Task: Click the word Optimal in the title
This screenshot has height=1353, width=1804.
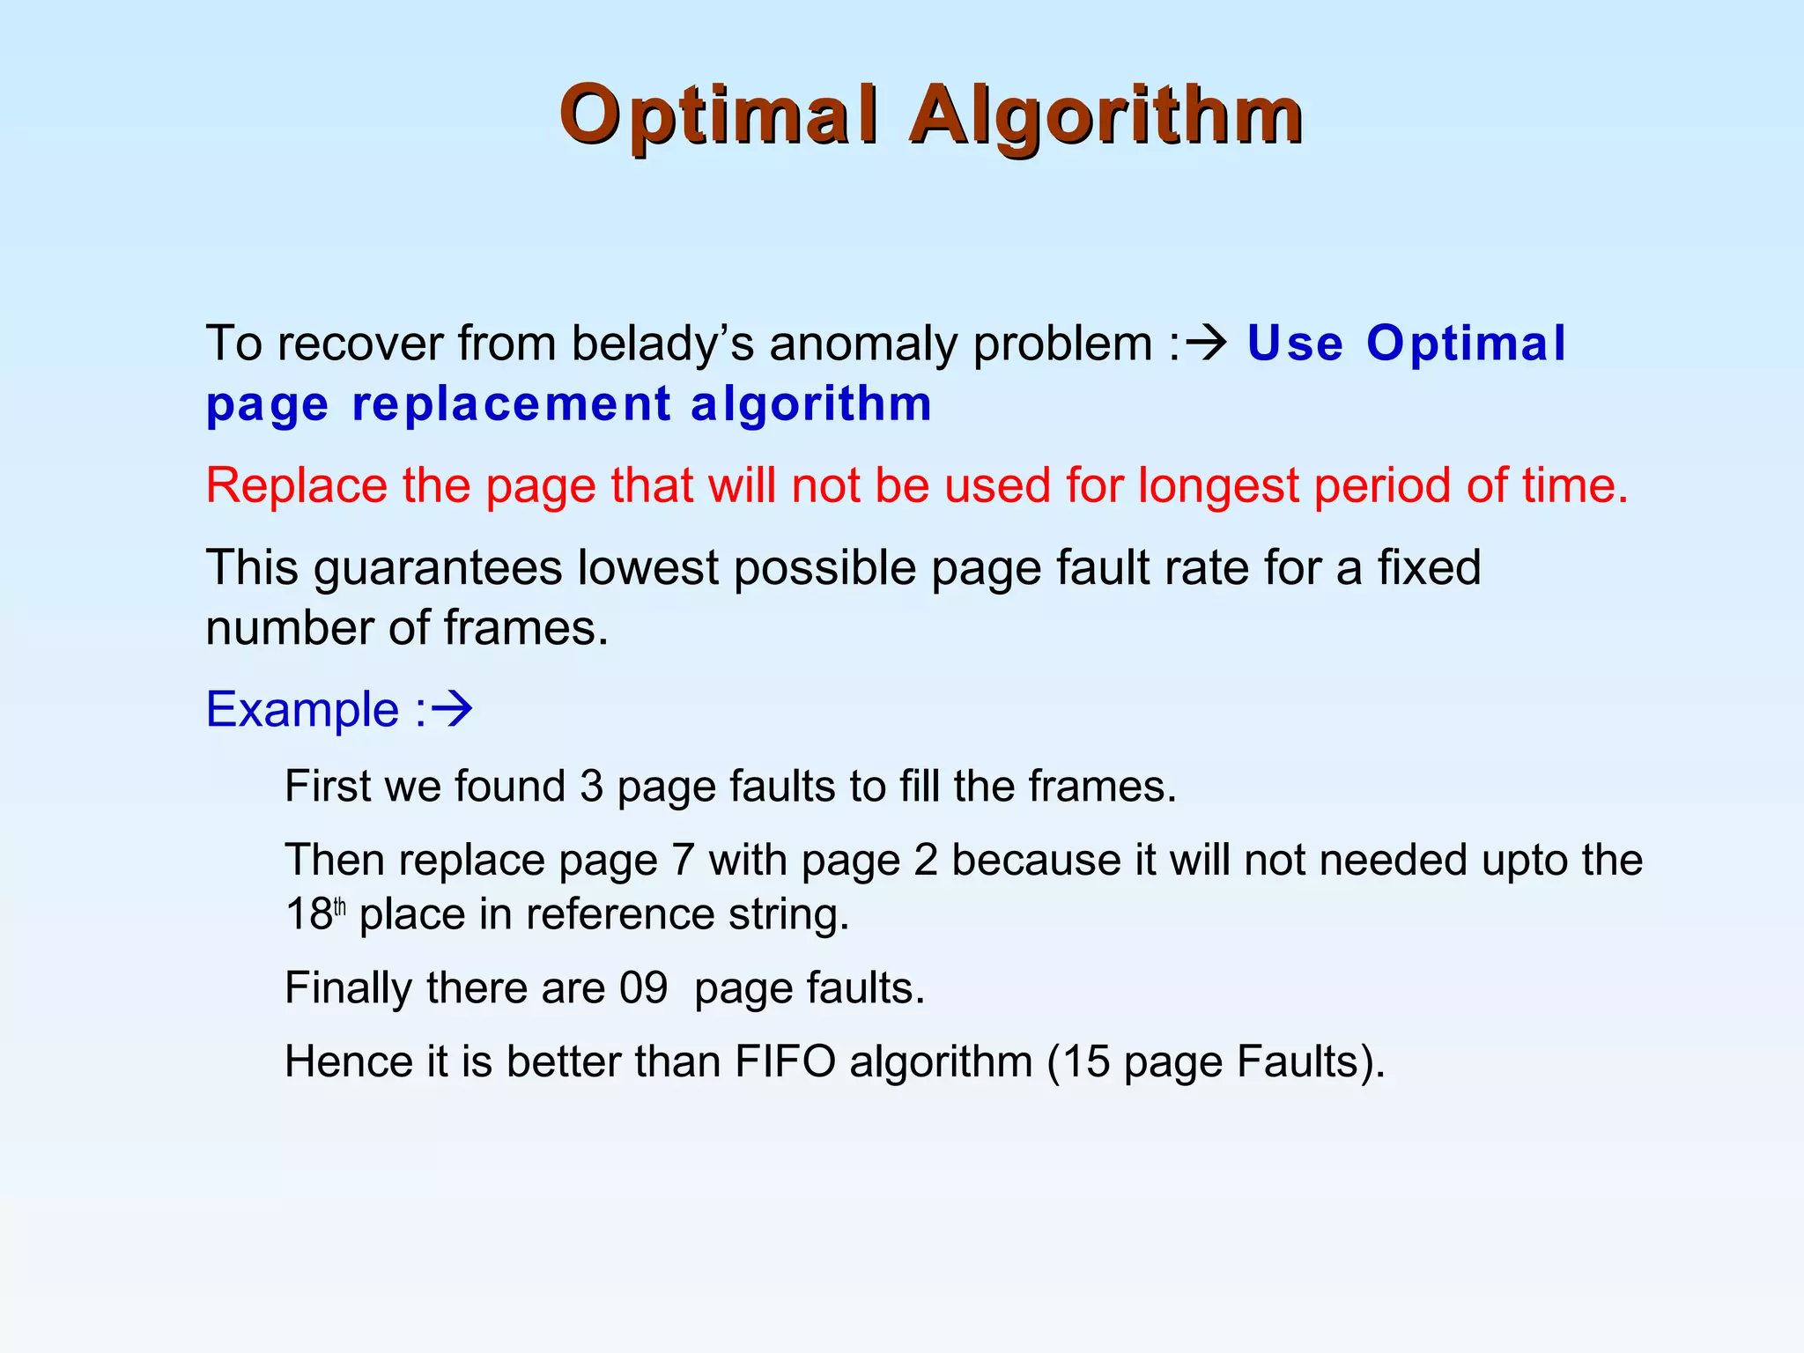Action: tap(719, 116)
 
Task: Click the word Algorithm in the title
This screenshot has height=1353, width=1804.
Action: tap(1106, 116)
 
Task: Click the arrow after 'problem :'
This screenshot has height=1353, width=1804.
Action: tap(1207, 342)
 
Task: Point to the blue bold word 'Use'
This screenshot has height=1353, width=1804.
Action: tap(1295, 344)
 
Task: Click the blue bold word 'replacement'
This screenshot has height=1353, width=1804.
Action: tap(511, 405)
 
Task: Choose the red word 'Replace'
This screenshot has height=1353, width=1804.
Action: tap(297, 485)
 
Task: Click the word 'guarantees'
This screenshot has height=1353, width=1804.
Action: tap(438, 568)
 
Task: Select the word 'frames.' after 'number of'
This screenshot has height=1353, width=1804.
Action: tap(526, 628)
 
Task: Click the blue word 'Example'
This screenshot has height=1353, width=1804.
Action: tap(302, 710)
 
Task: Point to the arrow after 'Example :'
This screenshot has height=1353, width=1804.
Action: tap(453, 709)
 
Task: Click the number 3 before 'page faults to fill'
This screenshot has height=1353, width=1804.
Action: tap(591, 787)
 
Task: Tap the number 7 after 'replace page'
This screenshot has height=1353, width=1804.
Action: tap(684, 860)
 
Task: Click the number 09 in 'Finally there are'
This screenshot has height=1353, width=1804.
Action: tap(644, 988)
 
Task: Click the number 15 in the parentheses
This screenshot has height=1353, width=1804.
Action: tap(1086, 1061)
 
